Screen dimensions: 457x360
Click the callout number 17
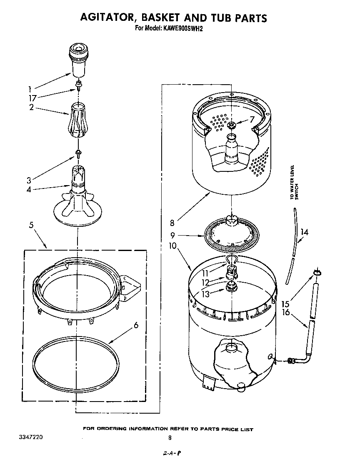32,98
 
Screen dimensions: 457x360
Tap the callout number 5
31,226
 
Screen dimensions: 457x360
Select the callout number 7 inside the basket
251,120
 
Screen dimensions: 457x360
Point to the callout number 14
305,232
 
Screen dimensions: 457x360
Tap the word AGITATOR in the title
107,18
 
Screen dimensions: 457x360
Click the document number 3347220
30,438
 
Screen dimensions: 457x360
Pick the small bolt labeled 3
77,153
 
